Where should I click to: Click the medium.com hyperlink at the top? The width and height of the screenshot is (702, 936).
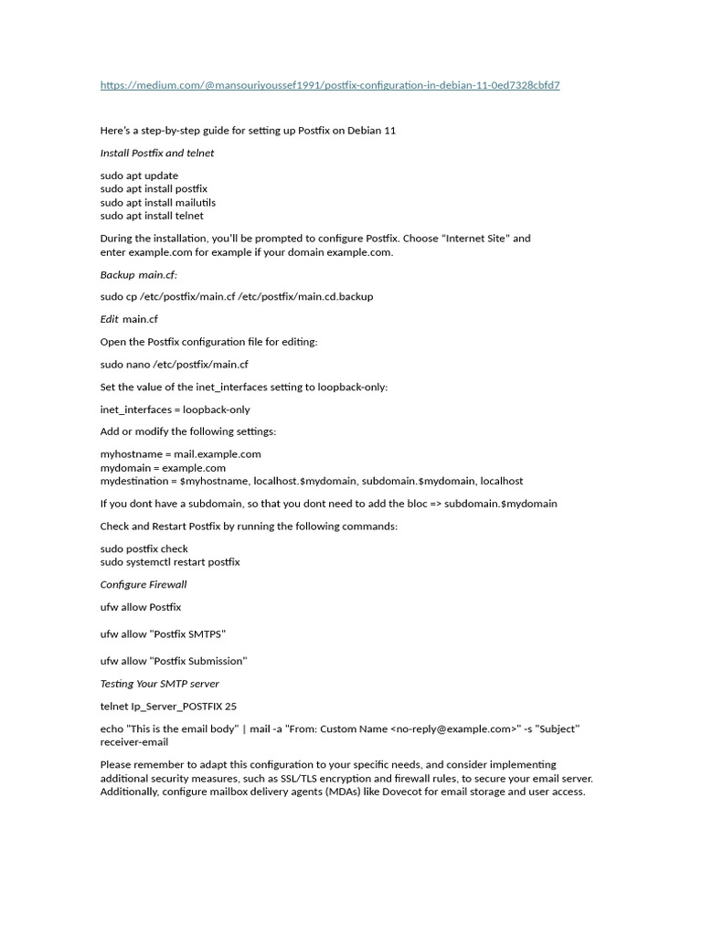pos(330,85)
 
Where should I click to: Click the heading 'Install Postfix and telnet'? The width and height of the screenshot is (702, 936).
pos(156,153)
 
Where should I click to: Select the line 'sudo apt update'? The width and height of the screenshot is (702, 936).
pos(139,175)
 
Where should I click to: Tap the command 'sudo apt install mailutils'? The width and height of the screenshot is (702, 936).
pos(157,202)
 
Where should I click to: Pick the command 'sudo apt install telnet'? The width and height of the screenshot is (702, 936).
pos(152,216)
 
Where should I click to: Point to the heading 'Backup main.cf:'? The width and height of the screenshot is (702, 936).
pos(138,274)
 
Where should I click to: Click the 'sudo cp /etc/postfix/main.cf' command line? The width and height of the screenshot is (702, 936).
pos(236,296)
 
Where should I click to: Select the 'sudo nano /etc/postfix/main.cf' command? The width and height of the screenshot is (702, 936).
pos(174,364)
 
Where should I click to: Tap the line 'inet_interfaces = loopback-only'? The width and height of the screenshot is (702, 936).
pos(175,409)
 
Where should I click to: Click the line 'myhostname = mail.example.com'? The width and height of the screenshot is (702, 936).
pos(180,454)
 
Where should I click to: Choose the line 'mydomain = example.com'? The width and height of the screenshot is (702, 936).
pos(163,467)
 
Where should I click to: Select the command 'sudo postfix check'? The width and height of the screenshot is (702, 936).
pos(144,548)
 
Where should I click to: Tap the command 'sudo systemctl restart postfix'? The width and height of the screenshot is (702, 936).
pos(169,562)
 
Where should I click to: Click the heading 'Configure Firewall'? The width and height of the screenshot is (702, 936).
pos(143,584)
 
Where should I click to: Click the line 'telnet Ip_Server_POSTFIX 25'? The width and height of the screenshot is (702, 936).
pos(168,706)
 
